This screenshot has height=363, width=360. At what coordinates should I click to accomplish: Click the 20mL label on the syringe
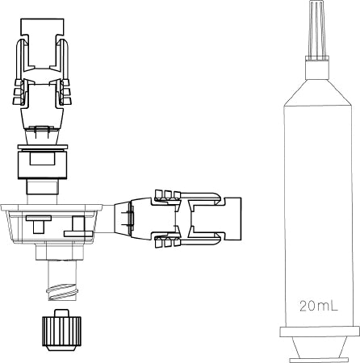click(x=319, y=306)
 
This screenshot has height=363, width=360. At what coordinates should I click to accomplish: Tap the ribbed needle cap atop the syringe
click(x=317, y=28)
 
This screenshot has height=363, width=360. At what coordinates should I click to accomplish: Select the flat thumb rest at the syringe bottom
click(x=318, y=360)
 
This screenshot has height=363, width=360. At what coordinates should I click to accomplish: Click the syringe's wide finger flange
click(x=320, y=332)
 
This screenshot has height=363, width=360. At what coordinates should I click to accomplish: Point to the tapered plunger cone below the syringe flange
click(x=319, y=347)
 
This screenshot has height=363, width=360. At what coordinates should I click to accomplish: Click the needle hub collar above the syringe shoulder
click(x=317, y=68)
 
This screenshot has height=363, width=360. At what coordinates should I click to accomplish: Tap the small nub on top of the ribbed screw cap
click(x=62, y=313)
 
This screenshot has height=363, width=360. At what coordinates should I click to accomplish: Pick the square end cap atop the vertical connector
click(x=43, y=27)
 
